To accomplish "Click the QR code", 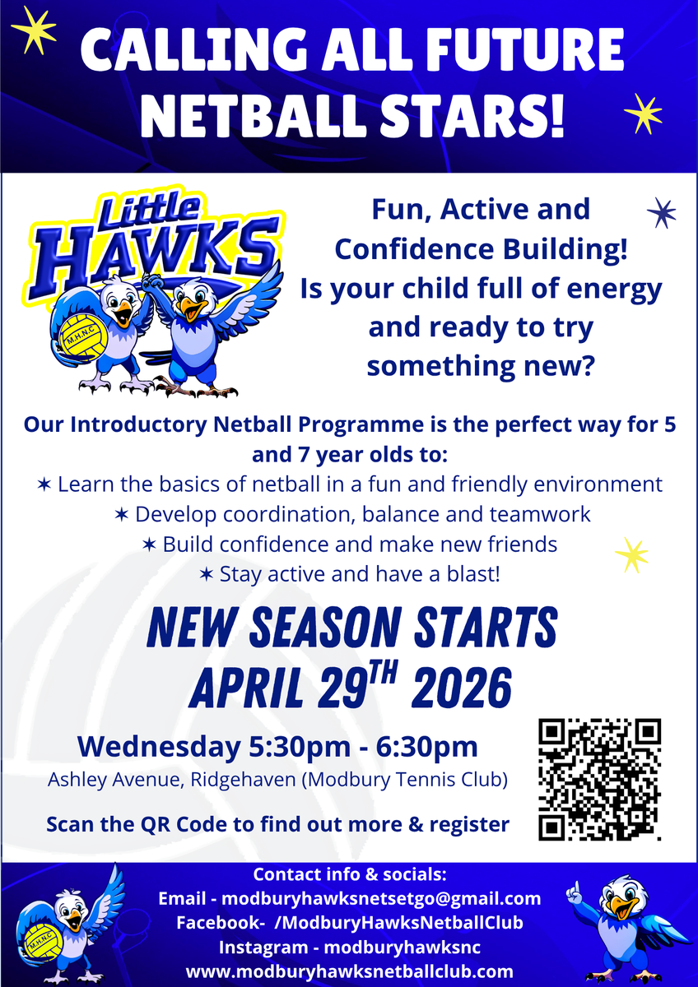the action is pyautogui.click(x=600, y=780).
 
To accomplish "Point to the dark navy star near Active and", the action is pyautogui.click(x=662, y=213).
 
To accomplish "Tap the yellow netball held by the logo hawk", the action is pyautogui.click(x=84, y=337).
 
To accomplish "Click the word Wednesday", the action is pyautogui.click(x=159, y=747).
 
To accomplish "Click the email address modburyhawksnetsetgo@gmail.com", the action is pyautogui.click(x=381, y=898).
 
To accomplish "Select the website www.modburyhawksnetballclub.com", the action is pyautogui.click(x=349, y=972).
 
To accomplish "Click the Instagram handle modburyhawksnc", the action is pyautogui.click(x=403, y=948).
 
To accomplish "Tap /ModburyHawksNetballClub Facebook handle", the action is pyautogui.click(x=398, y=923).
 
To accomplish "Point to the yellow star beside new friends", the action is pyautogui.click(x=632, y=554).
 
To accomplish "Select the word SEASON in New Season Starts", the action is pyautogui.click(x=325, y=627).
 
